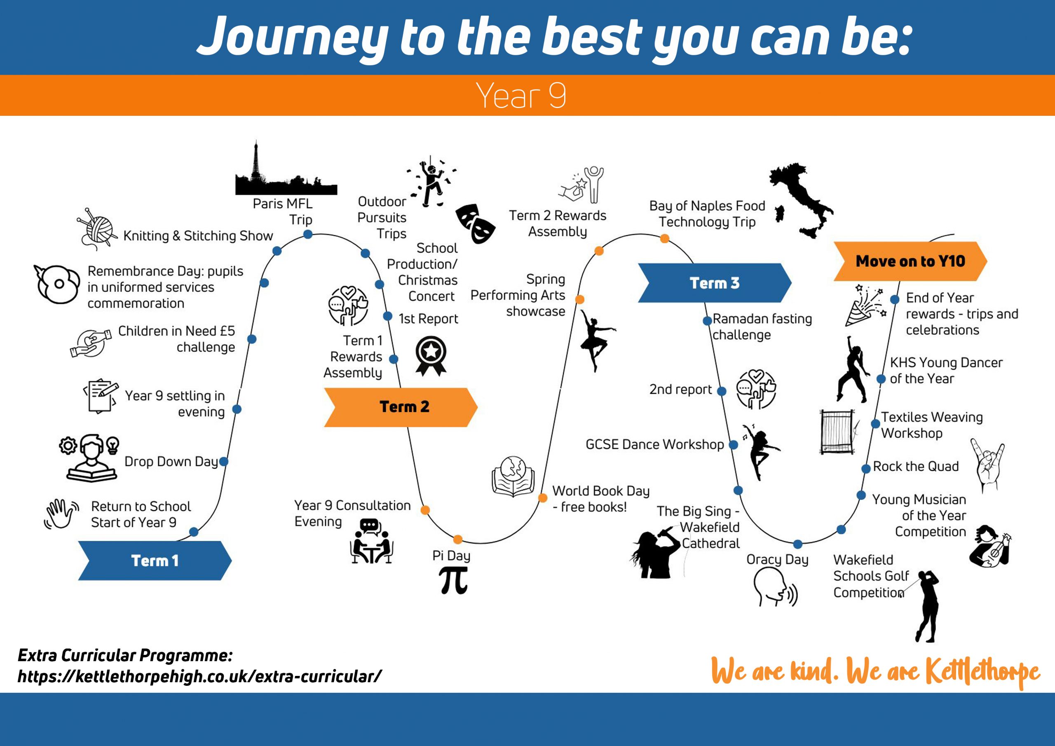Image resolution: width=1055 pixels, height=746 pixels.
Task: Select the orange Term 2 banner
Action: click(401, 407)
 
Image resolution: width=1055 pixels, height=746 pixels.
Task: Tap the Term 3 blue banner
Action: click(715, 283)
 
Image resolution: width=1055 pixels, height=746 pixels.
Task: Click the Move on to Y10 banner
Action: click(910, 261)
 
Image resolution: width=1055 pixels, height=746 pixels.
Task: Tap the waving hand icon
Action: click(61, 514)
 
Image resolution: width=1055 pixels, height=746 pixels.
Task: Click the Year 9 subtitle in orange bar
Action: click(521, 96)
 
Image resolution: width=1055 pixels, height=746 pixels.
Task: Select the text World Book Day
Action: click(601, 491)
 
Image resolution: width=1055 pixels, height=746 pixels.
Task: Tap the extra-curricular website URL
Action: click(199, 676)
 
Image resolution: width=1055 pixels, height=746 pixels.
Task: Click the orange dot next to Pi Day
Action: click(458, 539)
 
